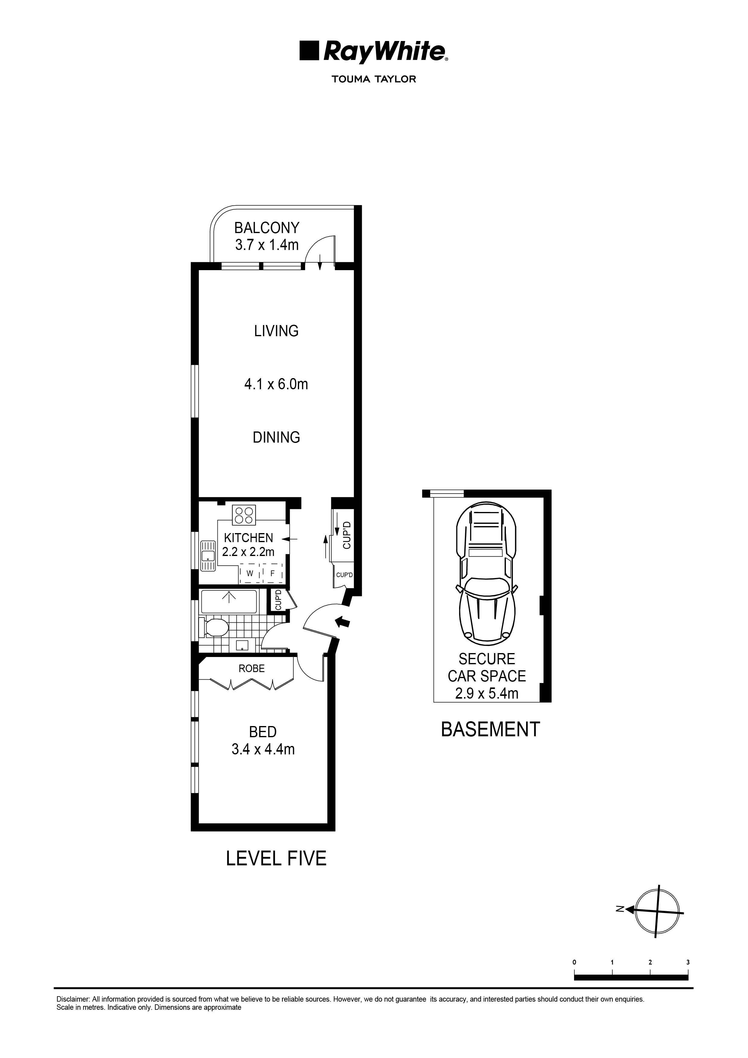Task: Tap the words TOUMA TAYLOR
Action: coord(374,79)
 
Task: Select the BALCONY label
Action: coord(267,228)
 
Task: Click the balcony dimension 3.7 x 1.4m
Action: coord(267,245)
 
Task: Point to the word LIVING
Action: coord(276,331)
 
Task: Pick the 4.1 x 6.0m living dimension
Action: coord(276,384)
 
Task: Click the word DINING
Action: coord(276,437)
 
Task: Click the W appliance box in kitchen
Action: coord(250,574)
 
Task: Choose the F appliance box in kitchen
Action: coord(272,574)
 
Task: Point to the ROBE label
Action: coord(252,668)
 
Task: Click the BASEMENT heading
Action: coord(490,729)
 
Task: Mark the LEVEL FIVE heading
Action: coord(276,858)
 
